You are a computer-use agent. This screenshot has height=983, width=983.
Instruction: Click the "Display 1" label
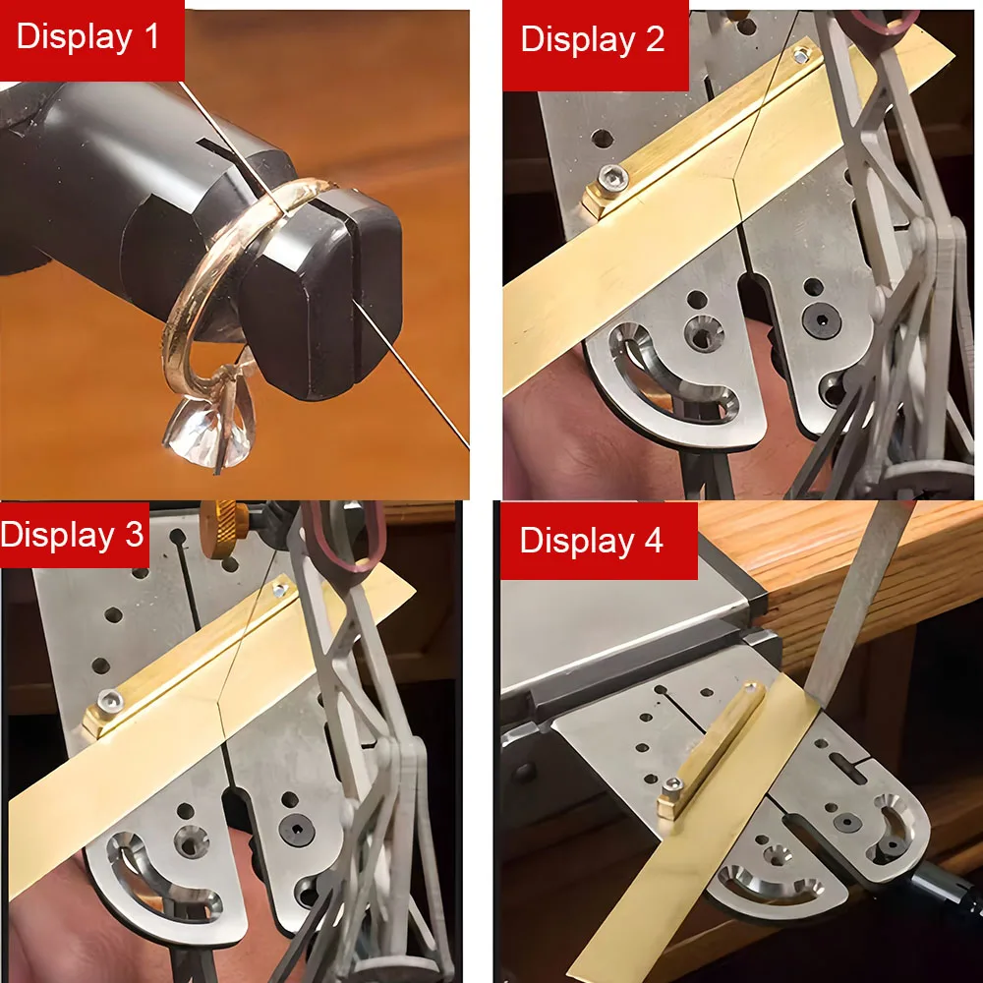(87, 36)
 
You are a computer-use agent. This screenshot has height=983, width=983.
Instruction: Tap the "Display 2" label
(593, 40)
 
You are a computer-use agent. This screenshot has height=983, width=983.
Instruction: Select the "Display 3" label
(72, 535)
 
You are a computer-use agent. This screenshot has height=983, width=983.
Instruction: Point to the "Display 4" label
(591, 541)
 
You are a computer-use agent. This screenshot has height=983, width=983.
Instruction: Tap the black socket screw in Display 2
(821, 320)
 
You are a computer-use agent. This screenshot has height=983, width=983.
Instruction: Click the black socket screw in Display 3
(296, 830)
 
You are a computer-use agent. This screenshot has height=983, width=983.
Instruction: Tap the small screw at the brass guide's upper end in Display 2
(801, 56)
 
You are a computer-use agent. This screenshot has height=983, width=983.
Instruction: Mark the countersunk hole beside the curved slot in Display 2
(703, 333)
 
